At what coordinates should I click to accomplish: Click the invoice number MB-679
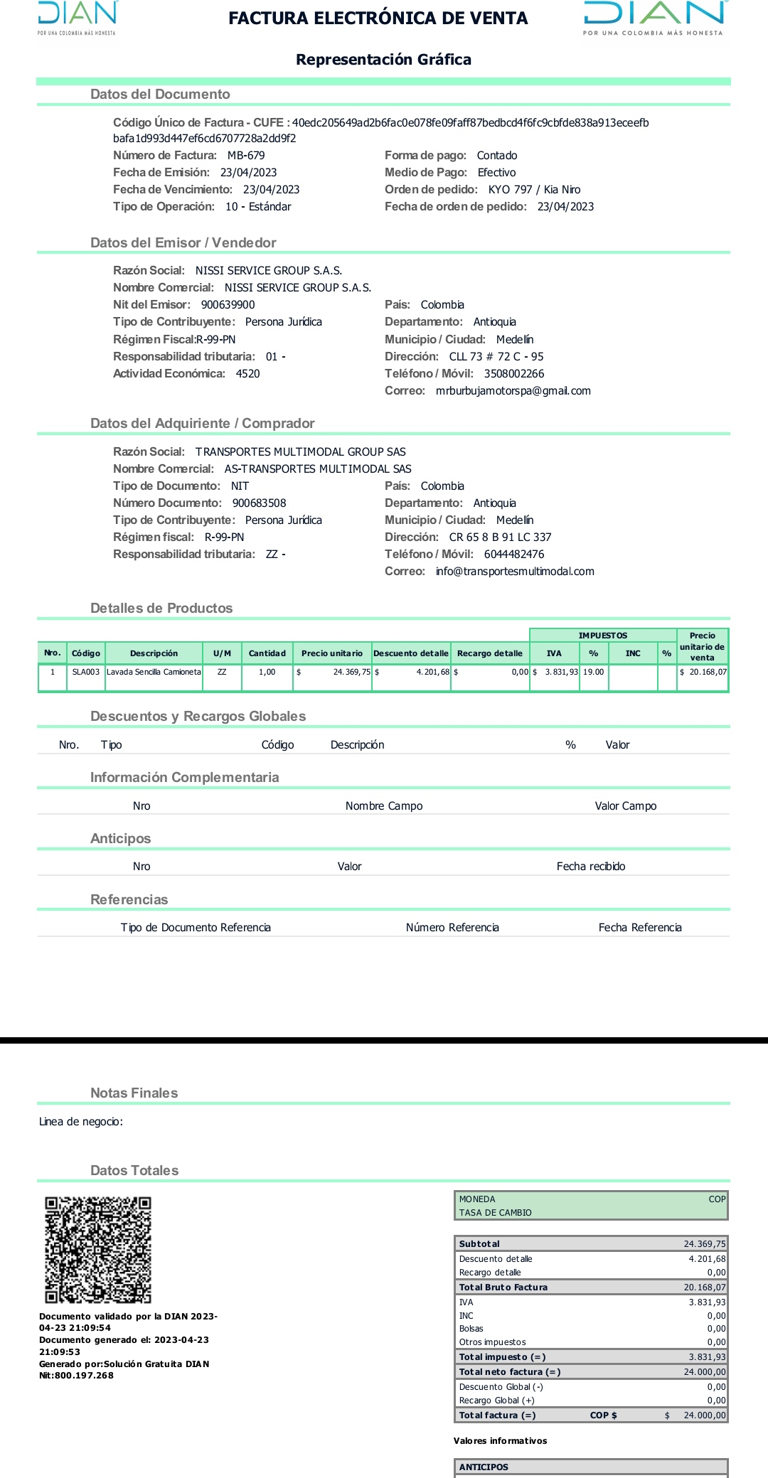[246, 156]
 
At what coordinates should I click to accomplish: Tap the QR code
[98, 1250]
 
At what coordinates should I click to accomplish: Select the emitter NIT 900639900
[228, 305]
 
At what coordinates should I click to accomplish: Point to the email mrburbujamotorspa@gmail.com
[513, 391]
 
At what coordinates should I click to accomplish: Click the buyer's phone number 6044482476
[514, 555]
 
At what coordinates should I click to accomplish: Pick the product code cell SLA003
[86, 672]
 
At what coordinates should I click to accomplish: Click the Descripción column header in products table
[154, 653]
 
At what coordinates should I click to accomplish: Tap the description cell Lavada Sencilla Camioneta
[154, 672]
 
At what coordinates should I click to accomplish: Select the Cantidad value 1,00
[267, 672]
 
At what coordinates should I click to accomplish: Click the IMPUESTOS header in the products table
[602, 636]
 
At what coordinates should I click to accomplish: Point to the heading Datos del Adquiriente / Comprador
[202, 424]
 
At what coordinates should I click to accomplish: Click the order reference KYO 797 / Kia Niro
[534, 190]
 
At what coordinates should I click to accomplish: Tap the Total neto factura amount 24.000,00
[705, 1372]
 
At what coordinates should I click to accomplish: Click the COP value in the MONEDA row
[717, 1199]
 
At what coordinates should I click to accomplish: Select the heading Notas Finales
[134, 1093]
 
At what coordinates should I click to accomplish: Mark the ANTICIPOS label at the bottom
[484, 1467]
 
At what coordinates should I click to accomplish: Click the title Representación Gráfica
[383, 60]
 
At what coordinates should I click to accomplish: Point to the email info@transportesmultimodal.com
[515, 572]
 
